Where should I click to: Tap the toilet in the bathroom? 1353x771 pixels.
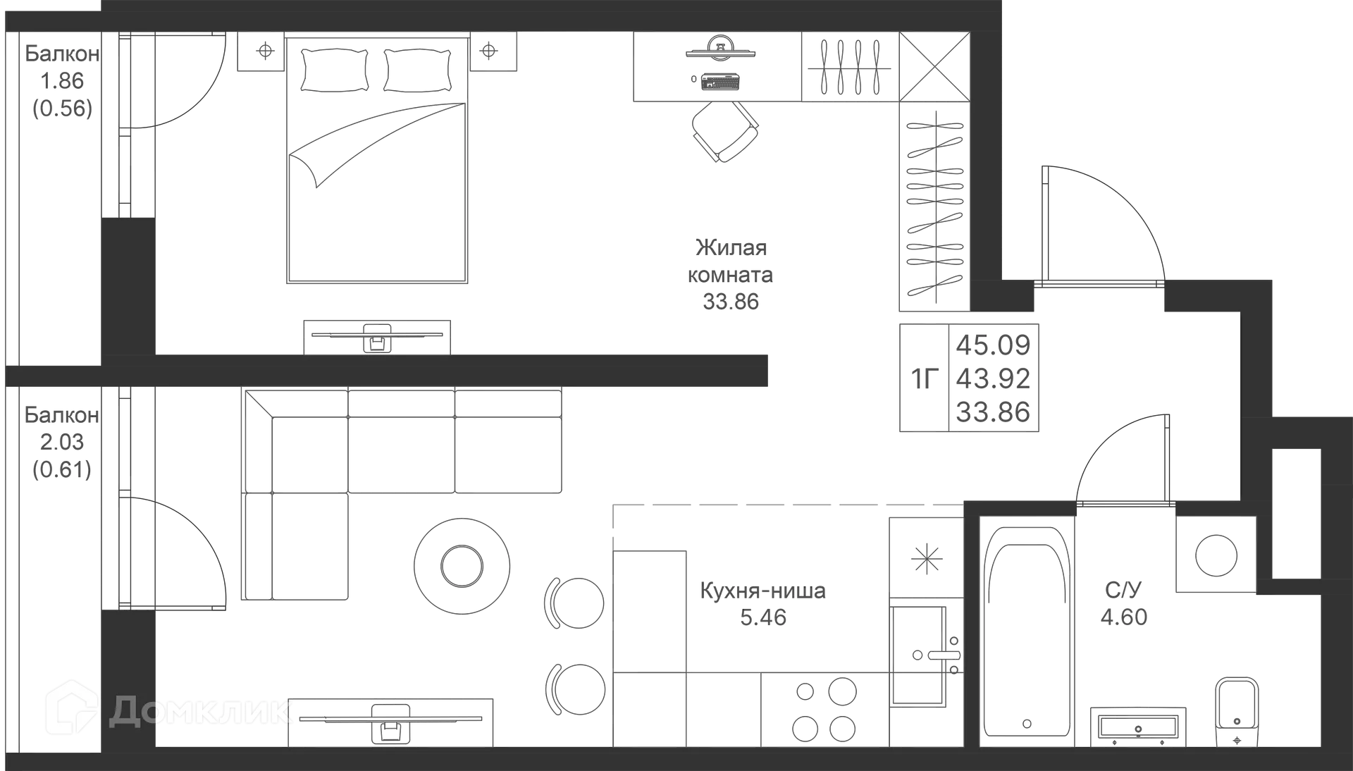click(1237, 712)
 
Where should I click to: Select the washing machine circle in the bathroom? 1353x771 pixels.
click(1216, 555)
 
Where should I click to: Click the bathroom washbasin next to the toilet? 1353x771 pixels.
click(1138, 727)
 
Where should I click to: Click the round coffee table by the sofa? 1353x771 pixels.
click(462, 565)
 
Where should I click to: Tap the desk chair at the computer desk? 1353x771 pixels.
click(725, 131)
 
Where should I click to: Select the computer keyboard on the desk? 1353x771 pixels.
click(719, 82)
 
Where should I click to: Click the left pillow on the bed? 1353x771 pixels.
click(335, 70)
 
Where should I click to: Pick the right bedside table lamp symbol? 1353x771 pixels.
click(488, 51)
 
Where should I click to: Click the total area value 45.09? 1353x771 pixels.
click(993, 345)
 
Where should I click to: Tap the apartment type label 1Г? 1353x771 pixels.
click(925, 379)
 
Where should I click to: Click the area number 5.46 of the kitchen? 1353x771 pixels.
click(763, 617)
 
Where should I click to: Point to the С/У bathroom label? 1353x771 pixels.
click(1123, 589)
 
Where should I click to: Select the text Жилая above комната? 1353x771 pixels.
click(731, 248)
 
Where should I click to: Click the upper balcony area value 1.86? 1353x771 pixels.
click(62, 81)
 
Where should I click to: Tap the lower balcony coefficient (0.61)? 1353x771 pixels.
click(62, 469)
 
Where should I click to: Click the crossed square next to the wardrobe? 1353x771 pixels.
click(934, 67)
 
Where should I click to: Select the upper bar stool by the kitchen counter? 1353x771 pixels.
click(574, 603)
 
